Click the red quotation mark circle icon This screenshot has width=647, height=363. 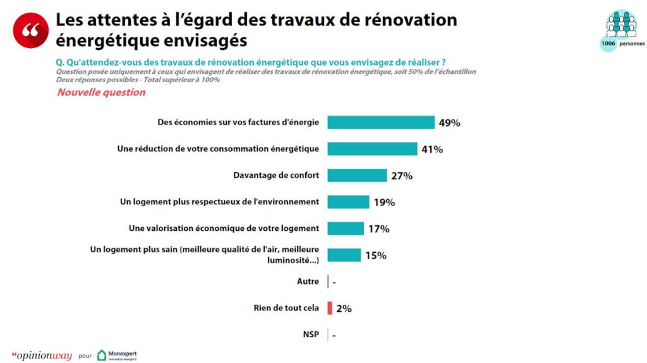click(31, 30)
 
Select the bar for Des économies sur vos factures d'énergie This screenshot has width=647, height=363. click(381, 122)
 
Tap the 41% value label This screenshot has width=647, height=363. click(432, 149)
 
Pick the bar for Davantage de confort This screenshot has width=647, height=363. click(358, 175)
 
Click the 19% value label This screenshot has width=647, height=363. click(385, 202)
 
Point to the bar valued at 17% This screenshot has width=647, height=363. click(346, 228)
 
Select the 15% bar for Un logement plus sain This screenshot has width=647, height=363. click(344, 255)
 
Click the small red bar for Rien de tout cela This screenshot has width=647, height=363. click(330, 308)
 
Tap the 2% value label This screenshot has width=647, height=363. click(344, 308)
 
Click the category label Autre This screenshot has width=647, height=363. click(308, 281)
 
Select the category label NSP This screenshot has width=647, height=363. click(311, 334)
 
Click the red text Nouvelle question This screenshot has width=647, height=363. click(101, 92)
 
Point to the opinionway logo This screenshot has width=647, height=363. click(42, 355)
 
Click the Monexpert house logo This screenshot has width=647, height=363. click(102, 355)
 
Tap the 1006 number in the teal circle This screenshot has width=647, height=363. click(608, 44)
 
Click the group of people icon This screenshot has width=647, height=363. click(621, 24)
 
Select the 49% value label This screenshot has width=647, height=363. click(449, 123)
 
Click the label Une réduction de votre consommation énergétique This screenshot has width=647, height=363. click(218, 149)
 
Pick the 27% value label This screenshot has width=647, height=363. click(402, 176)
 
